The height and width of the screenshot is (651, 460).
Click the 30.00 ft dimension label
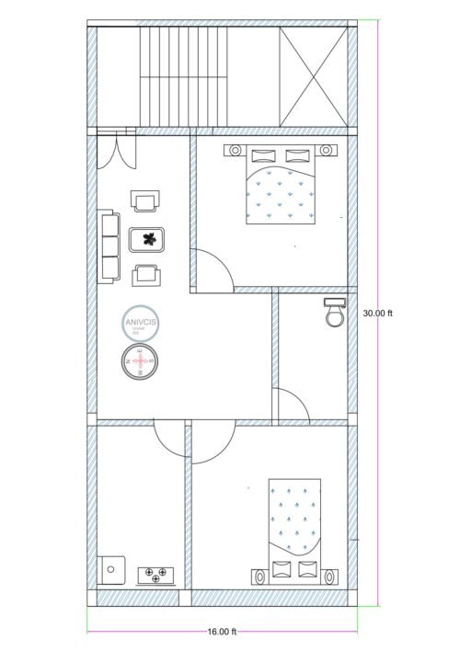tap(378, 313)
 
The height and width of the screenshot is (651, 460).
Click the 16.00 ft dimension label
tap(222, 632)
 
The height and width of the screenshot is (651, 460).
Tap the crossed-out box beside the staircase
tap(314, 74)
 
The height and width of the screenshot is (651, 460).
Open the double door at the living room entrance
tap(116, 150)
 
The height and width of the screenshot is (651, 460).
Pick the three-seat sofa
tap(109, 246)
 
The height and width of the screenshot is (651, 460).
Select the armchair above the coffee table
tap(145, 201)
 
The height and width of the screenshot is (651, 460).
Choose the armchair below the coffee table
tap(145, 273)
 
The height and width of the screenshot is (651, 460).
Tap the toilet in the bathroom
tap(333, 313)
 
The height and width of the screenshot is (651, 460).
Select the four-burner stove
tap(155, 576)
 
